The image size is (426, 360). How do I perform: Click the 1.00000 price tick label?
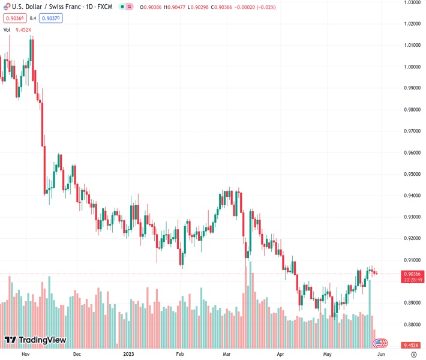coord(411,67)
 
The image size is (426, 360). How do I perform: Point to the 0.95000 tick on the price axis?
coord(411,174)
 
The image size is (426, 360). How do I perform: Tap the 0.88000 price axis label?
coord(411,325)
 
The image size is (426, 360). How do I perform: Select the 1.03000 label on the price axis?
coord(411,3)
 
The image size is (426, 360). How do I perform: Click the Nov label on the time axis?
coord(25,354)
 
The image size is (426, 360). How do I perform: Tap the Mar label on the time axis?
coord(227,354)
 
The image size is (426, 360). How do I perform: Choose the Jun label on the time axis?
coord(381,354)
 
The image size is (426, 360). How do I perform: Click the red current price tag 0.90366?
coord(411,274)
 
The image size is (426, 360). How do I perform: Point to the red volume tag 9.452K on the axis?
coord(411,345)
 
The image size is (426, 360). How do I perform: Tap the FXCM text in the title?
coord(102,7)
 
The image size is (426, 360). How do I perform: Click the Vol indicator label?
coord(7,29)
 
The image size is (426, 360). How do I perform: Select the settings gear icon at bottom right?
coord(413,355)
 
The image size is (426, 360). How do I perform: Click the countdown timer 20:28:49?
coord(411,280)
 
